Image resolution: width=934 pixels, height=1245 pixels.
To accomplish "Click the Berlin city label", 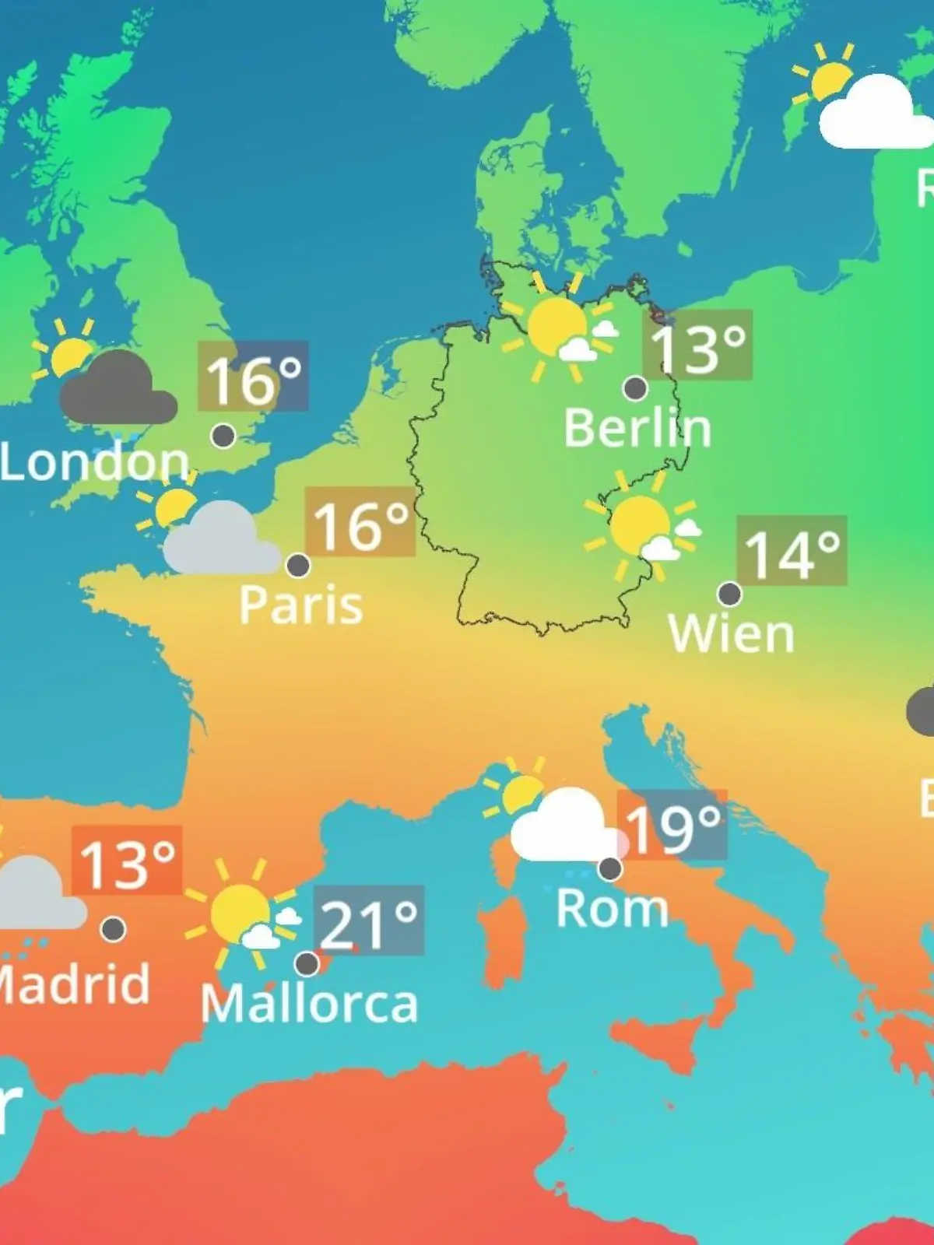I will pos(637,428).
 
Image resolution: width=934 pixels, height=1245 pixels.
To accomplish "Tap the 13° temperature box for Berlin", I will pos(697,345).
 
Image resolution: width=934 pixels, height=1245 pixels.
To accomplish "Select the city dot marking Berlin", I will pos(636,388).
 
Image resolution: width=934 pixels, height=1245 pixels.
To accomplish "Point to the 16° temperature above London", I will pos(253,377).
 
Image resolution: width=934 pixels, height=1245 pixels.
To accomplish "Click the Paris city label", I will pos(300,605).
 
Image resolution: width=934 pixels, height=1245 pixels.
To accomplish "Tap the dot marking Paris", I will pos(298,565).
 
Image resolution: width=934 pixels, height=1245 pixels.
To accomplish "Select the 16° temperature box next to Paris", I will pos(360,522).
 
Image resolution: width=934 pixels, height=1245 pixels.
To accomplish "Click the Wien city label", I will pos(731,634).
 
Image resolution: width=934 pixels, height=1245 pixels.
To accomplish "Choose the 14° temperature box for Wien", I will pos(792,550).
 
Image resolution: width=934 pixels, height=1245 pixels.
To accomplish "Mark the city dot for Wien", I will pos(729,594).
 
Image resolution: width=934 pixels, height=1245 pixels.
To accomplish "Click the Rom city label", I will pos(613,908).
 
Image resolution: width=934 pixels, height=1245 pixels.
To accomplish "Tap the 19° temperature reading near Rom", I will pos(672,826).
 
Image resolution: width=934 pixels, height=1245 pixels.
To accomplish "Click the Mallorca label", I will pos(309,1004).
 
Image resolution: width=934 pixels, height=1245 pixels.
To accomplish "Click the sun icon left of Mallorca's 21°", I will pos(239,910).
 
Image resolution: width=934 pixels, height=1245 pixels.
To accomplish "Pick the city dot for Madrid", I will pos(114,928).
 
